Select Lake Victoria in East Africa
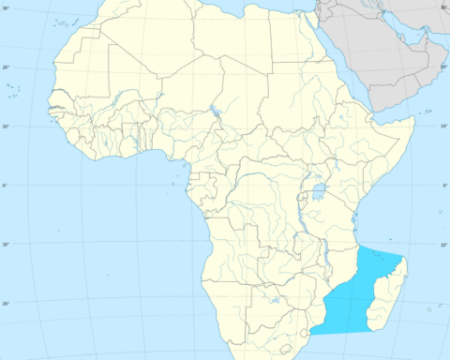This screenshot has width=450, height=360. click(318, 194)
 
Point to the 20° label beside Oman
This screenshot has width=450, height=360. click(442, 67)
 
